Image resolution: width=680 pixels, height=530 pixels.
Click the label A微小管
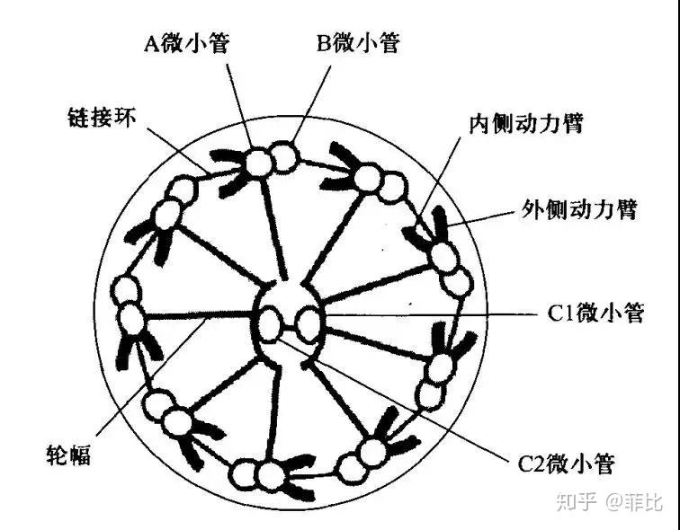(187, 42)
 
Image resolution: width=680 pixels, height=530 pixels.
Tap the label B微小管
(358, 42)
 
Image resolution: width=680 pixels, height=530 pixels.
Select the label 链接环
(102, 117)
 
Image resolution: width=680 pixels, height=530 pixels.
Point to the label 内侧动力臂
(525, 123)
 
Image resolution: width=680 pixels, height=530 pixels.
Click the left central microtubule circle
(272, 319)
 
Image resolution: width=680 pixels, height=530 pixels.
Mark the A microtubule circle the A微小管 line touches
(259, 163)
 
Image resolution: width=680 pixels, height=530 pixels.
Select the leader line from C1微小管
(423, 314)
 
